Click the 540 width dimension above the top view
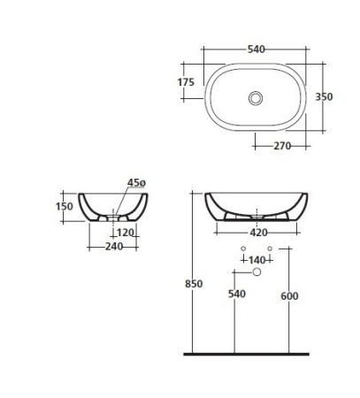click(256, 50)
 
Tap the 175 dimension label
click(186, 82)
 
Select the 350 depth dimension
click(324, 96)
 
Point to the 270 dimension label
click(282, 146)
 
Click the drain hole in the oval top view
click(256, 98)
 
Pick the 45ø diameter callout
click(136, 183)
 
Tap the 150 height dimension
click(65, 206)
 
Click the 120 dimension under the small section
click(126, 233)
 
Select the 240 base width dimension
click(114, 246)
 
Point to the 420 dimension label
click(258, 233)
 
